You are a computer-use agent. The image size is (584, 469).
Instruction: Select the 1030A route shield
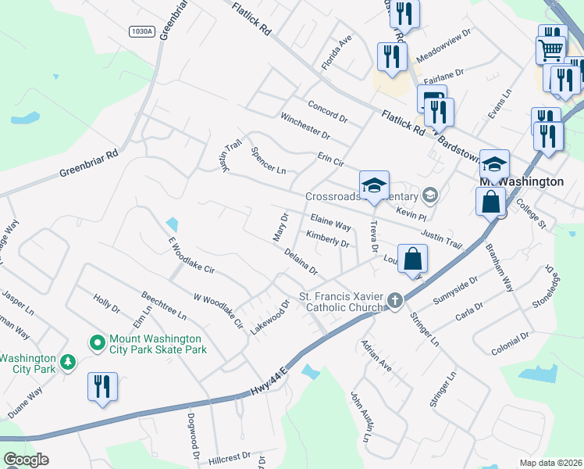pyautogui.click(x=143, y=30)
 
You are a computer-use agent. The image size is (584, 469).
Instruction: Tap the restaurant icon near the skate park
pyautogui.click(x=102, y=386)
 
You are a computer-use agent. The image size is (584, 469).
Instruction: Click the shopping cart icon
pyautogui.click(x=551, y=50)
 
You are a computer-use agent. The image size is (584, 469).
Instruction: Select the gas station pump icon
pyautogui.click(x=432, y=100)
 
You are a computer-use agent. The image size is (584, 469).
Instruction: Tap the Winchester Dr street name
pyautogui.click(x=305, y=127)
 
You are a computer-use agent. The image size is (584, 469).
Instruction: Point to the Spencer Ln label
pyautogui.click(x=269, y=159)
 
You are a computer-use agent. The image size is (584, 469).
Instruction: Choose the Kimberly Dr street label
pyautogui.click(x=327, y=238)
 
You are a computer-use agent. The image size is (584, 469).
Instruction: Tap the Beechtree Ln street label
pyautogui.click(x=164, y=306)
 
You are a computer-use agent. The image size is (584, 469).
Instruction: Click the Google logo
pyautogui.click(x=26, y=460)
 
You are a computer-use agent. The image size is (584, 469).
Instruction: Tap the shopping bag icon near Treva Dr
pyautogui.click(x=413, y=260)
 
